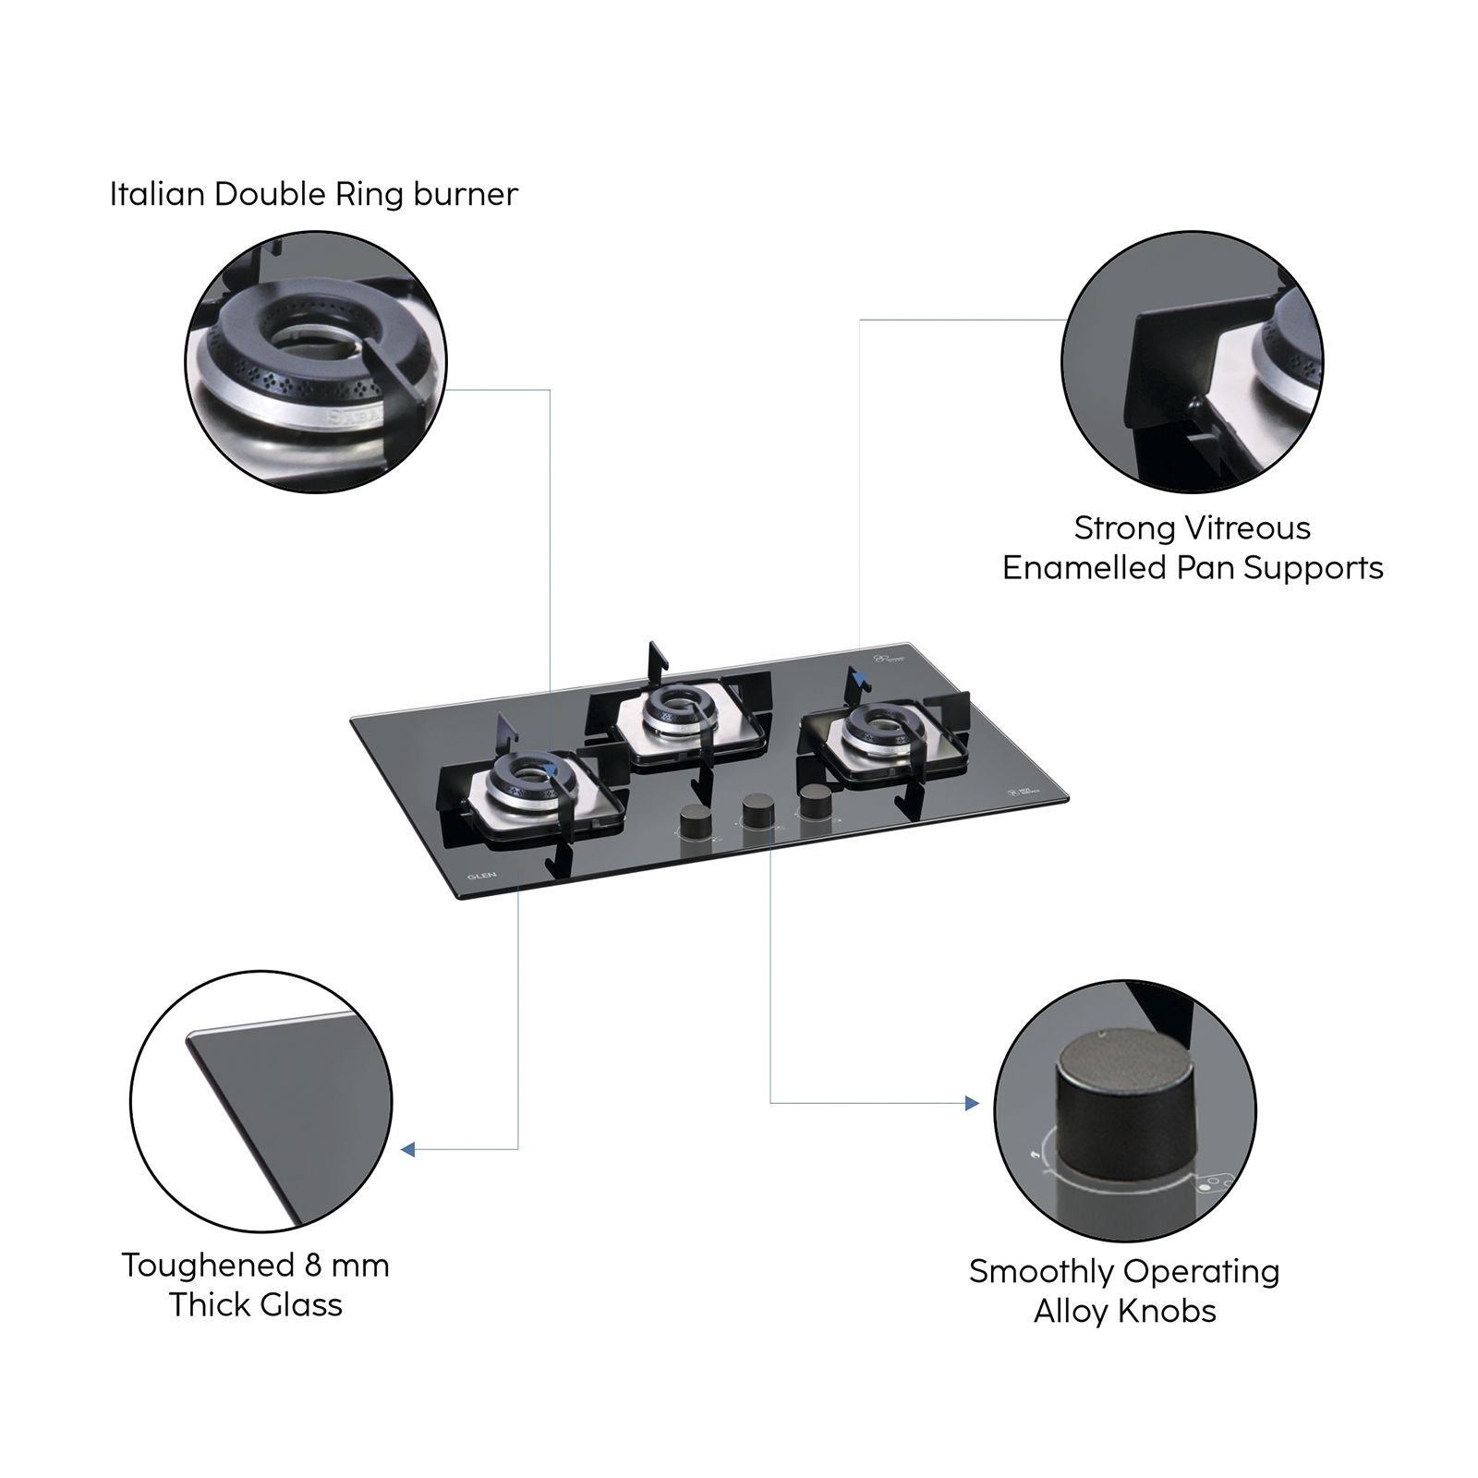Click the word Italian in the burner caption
158,194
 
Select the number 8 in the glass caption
313,1265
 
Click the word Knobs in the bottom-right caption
1171,1311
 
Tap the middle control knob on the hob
757,809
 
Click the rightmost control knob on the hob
815,800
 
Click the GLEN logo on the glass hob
481,875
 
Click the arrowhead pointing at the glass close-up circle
408,1149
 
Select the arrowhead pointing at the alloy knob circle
971,1103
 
